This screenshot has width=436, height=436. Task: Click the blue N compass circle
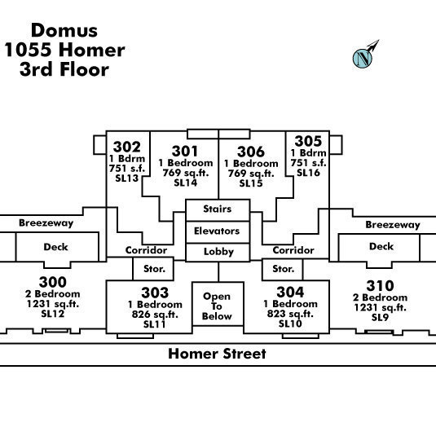tap(363, 58)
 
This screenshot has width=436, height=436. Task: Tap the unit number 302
tap(127, 147)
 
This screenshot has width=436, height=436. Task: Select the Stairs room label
tap(217, 209)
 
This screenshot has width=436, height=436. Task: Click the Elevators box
tap(218, 232)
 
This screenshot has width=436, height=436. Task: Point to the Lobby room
tap(218, 252)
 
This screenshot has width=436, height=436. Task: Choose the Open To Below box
tap(218, 304)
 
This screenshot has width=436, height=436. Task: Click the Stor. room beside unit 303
tap(153, 269)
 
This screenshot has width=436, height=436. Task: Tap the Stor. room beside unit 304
tap(283, 269)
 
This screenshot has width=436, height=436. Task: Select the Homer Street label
tap(217, 354)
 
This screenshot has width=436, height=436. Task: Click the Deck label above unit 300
tap(55, 247)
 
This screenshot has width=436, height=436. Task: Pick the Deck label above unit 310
tap(381, 246)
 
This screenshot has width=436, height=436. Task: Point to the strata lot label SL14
tap(186, 183)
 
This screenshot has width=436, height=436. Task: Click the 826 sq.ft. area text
tap(155, 315)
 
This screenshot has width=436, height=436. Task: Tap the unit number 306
tap(251, 152)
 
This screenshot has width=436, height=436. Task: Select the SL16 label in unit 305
tap(308, 173)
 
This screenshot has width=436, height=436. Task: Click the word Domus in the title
tap(64, 30)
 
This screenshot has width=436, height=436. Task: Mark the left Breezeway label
tap(46, 223)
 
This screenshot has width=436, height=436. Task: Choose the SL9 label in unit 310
tap(380, 317)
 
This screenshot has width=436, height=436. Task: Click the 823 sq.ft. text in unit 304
tap(290, 314)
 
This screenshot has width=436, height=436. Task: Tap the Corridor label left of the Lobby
tap(146, 250)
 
